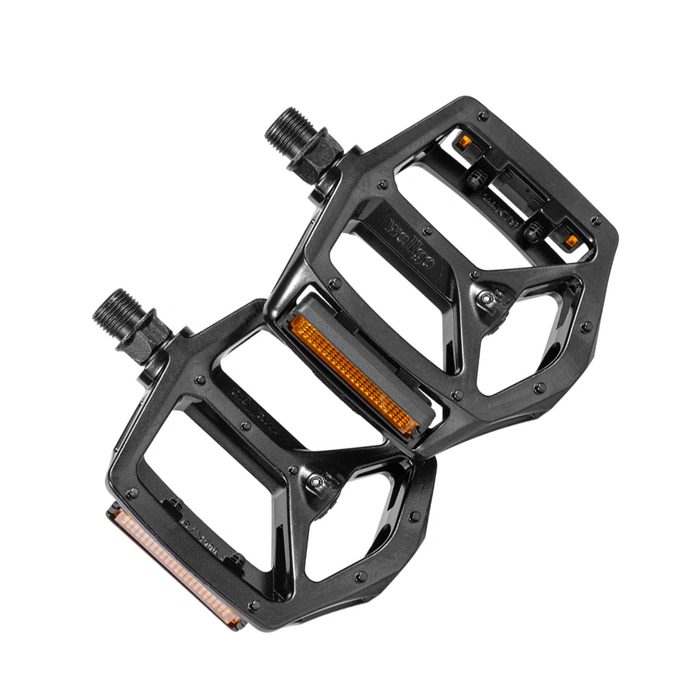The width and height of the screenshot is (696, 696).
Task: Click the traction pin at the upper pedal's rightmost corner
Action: click(x=596, y=221)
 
